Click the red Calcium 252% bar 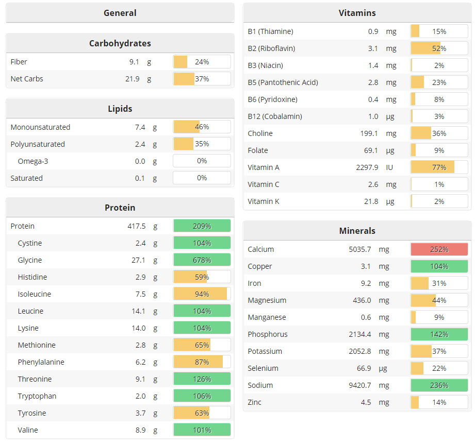point(439,249)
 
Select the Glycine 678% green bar point(202,260)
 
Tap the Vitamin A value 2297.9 point(367,167)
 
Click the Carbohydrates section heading point(120,43)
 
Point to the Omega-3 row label point(33,161)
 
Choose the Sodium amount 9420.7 point(360,385)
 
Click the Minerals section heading point(357,231)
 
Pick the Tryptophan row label point(37,396)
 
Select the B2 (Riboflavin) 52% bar point(439,48)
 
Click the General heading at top point(120,13)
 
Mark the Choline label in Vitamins point(260,133)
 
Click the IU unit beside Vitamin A point(389,167)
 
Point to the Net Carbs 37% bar point(202,79)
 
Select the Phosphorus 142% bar point(439,334)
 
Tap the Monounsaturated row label point(40,127)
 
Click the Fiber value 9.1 point(134,62)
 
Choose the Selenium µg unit point(390,368)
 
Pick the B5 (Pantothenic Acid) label point(283,82)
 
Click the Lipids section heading point(120,109)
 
